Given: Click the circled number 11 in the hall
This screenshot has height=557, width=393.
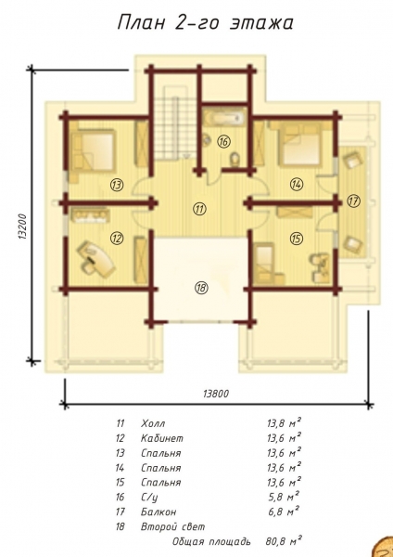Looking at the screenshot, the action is (199, 209).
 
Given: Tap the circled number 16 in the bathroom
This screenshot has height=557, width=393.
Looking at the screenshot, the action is (223, 142).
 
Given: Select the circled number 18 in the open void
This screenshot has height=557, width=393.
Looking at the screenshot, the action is (201, 288).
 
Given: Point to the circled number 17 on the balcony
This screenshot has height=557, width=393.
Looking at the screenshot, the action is (353, 201).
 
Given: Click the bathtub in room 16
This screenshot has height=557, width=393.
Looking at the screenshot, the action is (224, 118).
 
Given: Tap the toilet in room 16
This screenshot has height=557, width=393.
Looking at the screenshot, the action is (235, 160).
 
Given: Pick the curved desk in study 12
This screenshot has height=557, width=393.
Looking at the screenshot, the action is (97, 258).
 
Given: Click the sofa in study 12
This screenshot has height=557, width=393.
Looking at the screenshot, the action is (91, 215).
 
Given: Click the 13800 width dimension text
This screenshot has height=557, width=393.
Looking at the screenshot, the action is (216, 394).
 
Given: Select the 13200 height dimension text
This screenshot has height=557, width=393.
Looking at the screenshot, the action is (23, 227).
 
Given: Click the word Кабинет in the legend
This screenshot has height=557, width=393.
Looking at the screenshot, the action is (162, 438).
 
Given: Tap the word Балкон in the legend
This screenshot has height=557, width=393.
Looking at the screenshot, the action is (158, 512).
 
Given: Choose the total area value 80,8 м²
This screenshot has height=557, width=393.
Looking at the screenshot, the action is (284, 541).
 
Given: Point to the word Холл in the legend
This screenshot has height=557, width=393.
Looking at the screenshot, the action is (153, 424).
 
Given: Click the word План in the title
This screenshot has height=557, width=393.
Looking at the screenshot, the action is (141, 23).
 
